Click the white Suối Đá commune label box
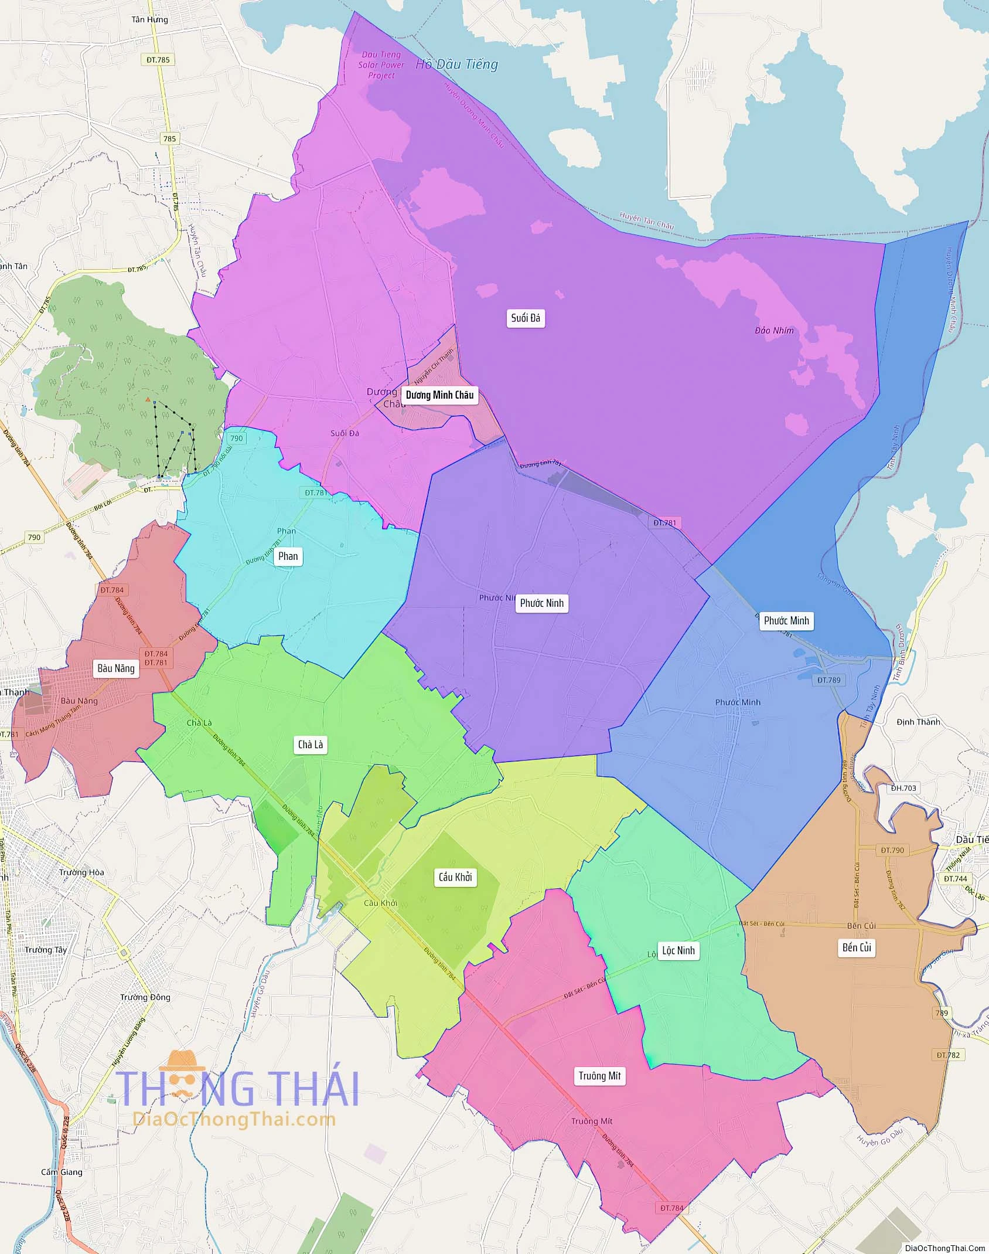(x=526, y=318)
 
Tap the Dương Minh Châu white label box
(x=439, y=395)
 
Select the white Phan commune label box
(x=288, y=556)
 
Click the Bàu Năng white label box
(x=116, y=668)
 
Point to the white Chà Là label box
(x=310, y=745)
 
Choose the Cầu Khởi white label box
(x=455, y=877)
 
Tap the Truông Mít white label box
(x=599, y=1076)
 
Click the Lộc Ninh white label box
(x=678, y=950)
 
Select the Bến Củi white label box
(x=857, y=947)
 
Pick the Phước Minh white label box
(x=786, y=621)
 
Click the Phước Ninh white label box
(x=541, y=603)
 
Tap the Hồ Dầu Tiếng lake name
(x=456, y=64)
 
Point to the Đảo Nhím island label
(x=774, y=331)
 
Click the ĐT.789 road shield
(x=829, y=680)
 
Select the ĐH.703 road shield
(x=903, y=788)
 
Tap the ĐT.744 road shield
(x=956, y=878)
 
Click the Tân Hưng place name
(x=149, y=19)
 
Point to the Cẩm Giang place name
(x=62, y=1172)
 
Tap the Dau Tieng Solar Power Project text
(x=381, y=65)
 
